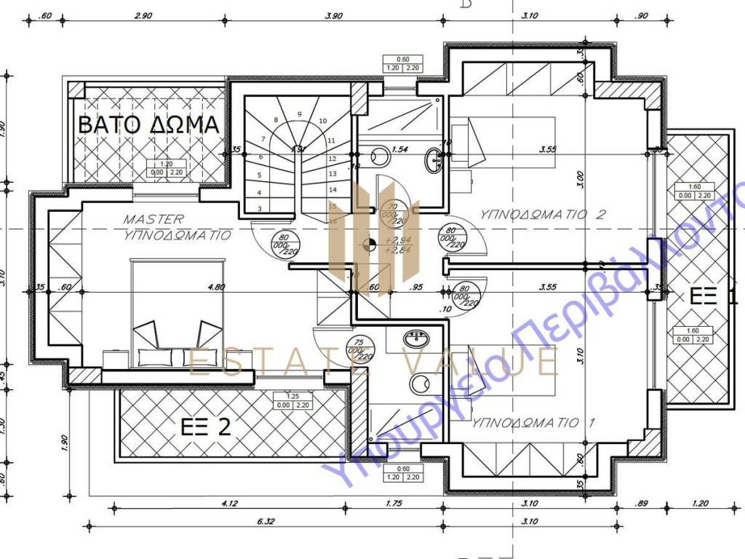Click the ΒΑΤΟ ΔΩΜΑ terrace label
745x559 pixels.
[148, 124]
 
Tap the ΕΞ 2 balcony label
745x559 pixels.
[204, 427]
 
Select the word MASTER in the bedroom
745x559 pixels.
[154, 218]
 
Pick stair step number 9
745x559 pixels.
[299, 114]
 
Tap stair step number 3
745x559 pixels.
[260, 209]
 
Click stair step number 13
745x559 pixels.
[332, 174]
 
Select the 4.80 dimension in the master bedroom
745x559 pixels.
[215, 287]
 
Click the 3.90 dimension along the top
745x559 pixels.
[334, 15]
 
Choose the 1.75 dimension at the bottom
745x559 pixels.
[394, 503]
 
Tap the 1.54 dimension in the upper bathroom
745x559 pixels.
[399, 149]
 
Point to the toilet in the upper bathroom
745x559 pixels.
[379, 156]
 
